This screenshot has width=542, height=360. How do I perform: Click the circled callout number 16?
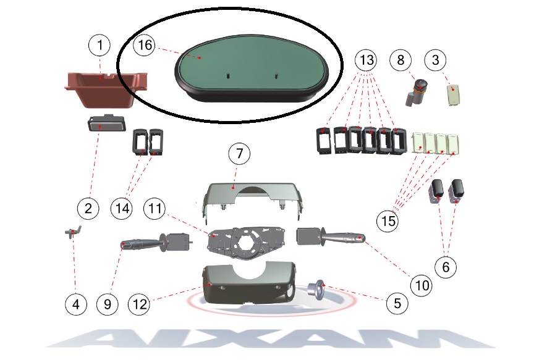click(x=145, y=45)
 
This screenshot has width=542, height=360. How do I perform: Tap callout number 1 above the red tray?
click(x=100, y=45)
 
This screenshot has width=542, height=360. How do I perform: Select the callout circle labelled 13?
click(x=366, y=60)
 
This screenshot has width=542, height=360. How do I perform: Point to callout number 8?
click(x=400, y=60)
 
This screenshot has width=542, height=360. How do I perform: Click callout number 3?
click(x=436, y=60)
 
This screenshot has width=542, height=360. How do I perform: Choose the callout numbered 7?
click(x=239, y=153)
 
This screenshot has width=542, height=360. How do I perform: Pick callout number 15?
click(x=388, y=221)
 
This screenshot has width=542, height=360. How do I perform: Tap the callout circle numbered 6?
click(x=446, y=267)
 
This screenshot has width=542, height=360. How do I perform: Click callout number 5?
click(x=397, y=303)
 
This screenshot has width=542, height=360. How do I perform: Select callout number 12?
click(x=140, y=304)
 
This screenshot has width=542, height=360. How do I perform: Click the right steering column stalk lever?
click(x=331, y=236)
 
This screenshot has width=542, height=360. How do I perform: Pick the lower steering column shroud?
click(x=249, y=284)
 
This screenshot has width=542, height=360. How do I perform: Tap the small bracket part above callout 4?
click(x=72, y=231)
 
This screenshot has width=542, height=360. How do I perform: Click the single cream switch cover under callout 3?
click(x=454, y=95)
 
